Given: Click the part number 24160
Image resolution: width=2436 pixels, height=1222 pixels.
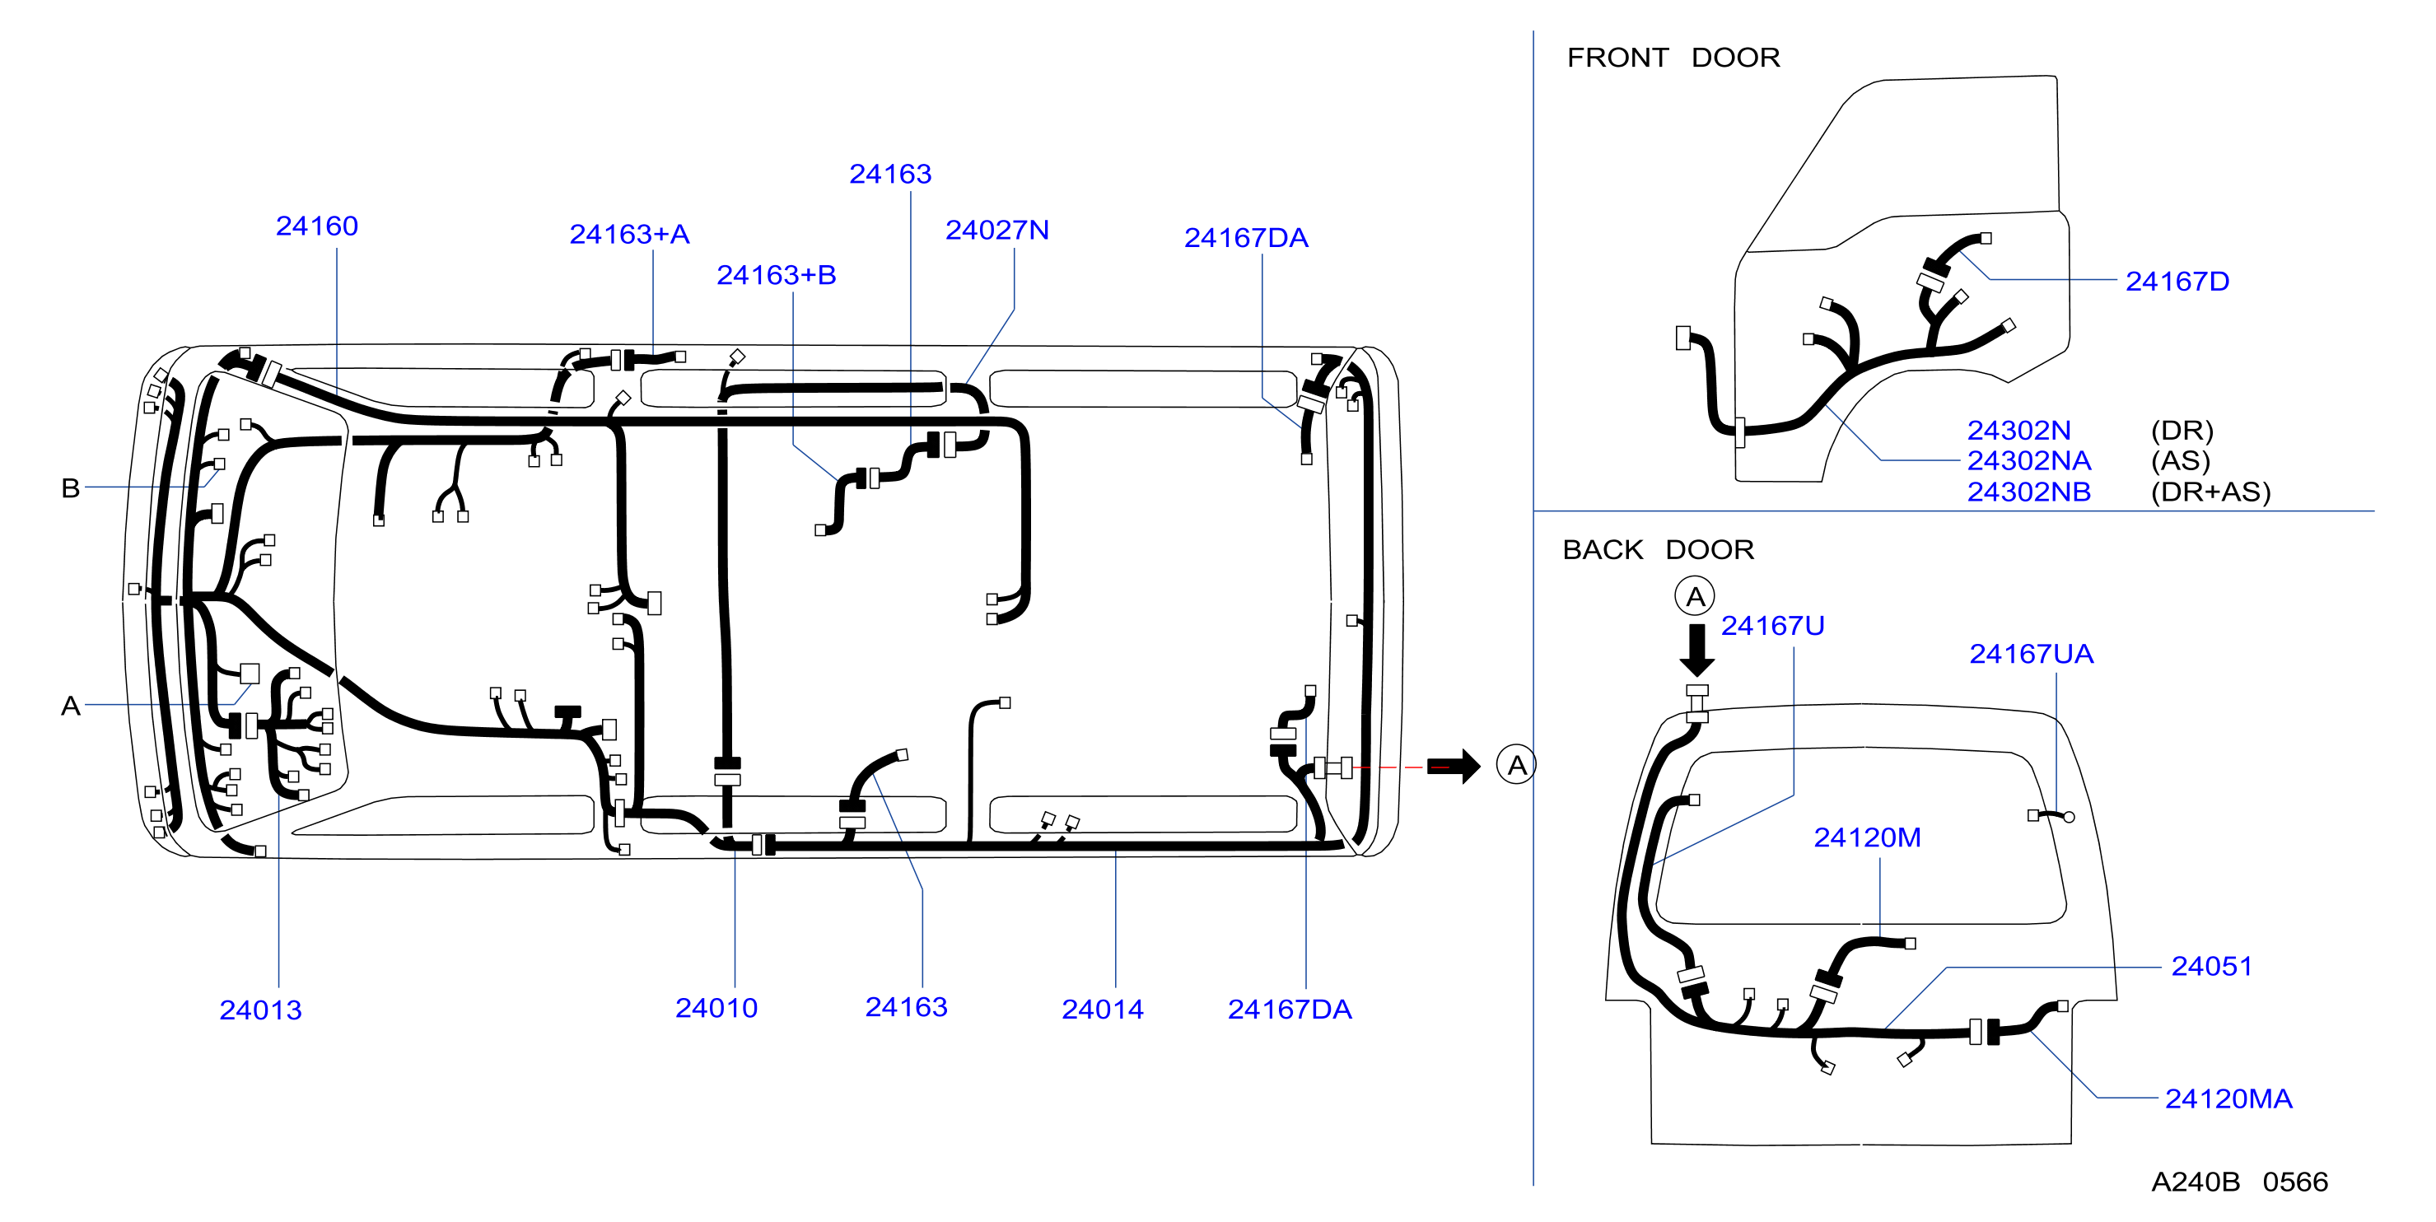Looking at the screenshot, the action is pyautogui.click(x=317, y=226).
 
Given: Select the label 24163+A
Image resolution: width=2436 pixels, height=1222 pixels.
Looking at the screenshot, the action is pyautogui.click(x=630, y=234).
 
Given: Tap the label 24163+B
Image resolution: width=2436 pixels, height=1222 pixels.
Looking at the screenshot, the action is pyautogui.click(x=777, y=275).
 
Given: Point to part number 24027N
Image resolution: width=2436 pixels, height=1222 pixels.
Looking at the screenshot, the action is pyautogui.click(x=997, y=230).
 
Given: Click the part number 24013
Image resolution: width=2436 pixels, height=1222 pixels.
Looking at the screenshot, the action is pyautogui.click(x=261, y=1010).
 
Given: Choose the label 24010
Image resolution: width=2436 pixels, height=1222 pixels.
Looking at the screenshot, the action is pyautogui.click(x=716, y=1008).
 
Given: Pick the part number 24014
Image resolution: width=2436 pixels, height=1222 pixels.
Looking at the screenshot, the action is pyautogui.click(x=1103, y=1010).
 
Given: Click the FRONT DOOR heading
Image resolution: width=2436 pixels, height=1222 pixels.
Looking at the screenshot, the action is pyautogui.click(x=1673, y=58).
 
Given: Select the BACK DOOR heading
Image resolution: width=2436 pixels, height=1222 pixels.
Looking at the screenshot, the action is pyautogui.click(x=1659, y=549).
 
